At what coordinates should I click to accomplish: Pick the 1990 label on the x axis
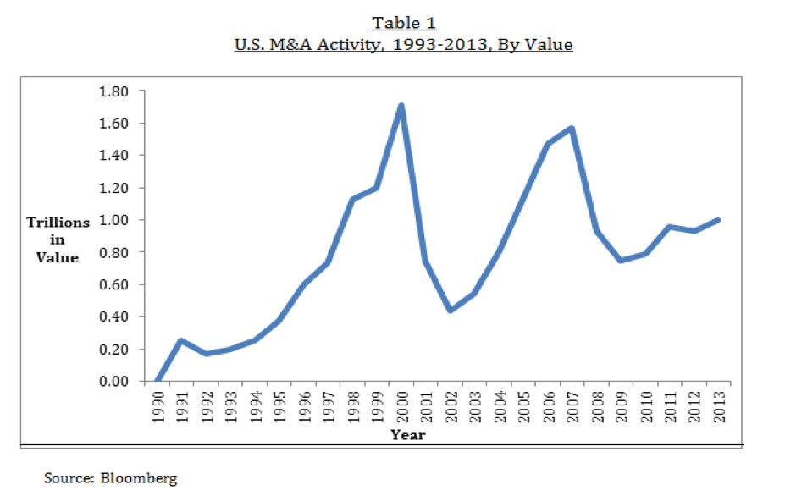pyautogui.click(x=158, y=404)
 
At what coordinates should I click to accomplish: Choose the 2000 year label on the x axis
pyautogui.click(x=401, y=404)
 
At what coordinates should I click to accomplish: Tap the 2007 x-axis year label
pyautogui.click(x=572, y=404)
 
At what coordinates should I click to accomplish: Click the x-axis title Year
pyautogui.click(x=407, y=435)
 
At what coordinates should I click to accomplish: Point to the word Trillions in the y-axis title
pyautogui.click(x=58, y=223)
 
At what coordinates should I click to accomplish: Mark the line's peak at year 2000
pyautogui.click(x=401, y=106)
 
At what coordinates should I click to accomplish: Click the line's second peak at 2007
pyautogui.click(x=572, y=129)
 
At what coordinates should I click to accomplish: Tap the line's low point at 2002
pyautogui.click(x=450, y=311)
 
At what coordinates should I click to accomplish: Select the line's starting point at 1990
pyautogui.click(x=158, y=382)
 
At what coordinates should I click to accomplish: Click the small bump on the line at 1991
pyautogui.click(x=181, y=340)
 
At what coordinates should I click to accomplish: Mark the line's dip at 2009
pyautogui.click(x=621, y=261)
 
